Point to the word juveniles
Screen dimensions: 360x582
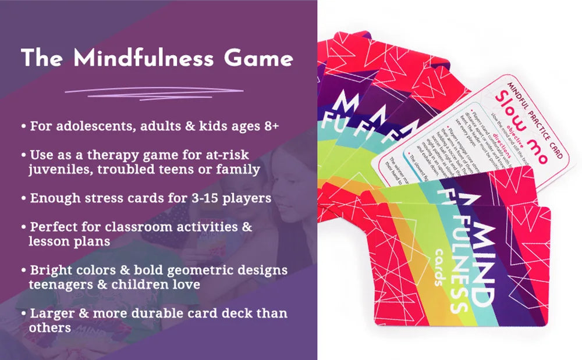57,169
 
